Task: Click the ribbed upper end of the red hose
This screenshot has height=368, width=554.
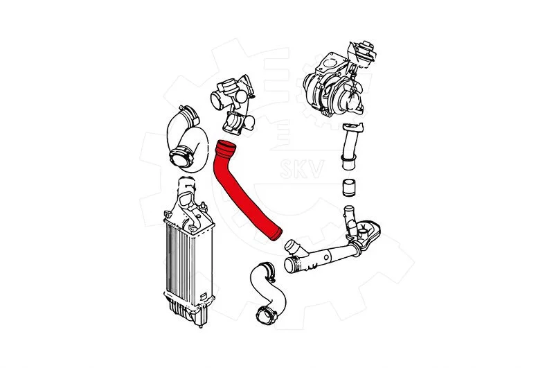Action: click(x=226, y=148)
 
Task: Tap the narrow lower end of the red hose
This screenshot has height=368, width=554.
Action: click(x=276, y=234)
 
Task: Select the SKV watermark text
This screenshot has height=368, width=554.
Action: click(x=302, y=169)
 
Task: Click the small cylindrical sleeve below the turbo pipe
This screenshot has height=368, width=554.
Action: click(x=349, y=187)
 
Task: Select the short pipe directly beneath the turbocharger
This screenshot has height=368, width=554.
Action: click(x=351, y=146)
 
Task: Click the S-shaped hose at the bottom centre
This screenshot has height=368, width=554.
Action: click(x=270, y=292)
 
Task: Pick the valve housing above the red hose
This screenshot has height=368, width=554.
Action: click(x=234, y=104)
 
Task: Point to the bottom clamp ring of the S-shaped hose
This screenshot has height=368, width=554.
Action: click(x=266, y=315)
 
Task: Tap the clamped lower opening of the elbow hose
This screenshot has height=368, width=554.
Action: click(x=181, y=158)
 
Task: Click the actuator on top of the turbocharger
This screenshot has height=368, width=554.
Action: click(x=361, y=53)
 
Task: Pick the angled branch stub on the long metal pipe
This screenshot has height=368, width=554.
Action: click(x=294, y=247)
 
